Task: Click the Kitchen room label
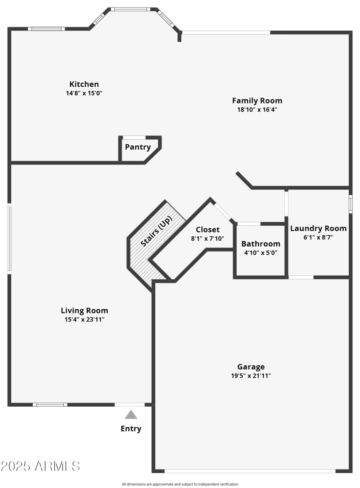click(84, 84)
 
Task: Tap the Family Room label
click(257, 100)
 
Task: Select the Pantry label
click(138, 147)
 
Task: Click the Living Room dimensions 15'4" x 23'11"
click(85, 320)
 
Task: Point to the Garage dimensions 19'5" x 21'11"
click(251, 376)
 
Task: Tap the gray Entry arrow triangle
click(131, 415)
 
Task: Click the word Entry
click(131, 429)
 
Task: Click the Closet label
click(207, 230)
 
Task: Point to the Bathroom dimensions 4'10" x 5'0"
click(261, 252)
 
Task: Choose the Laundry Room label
click(318, 228)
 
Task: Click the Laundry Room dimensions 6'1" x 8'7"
click(318, 237)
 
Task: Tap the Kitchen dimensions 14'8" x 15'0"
click(84, 93)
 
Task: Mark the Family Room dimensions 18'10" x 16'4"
click(257, 109)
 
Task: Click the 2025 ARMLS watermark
click(40, 466)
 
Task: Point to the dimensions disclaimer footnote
click(180, 484)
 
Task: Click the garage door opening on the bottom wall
click(250, 471)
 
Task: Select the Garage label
click(251, 367)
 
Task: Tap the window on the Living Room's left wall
click(9, 238)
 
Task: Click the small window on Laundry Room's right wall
click(351, 203)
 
